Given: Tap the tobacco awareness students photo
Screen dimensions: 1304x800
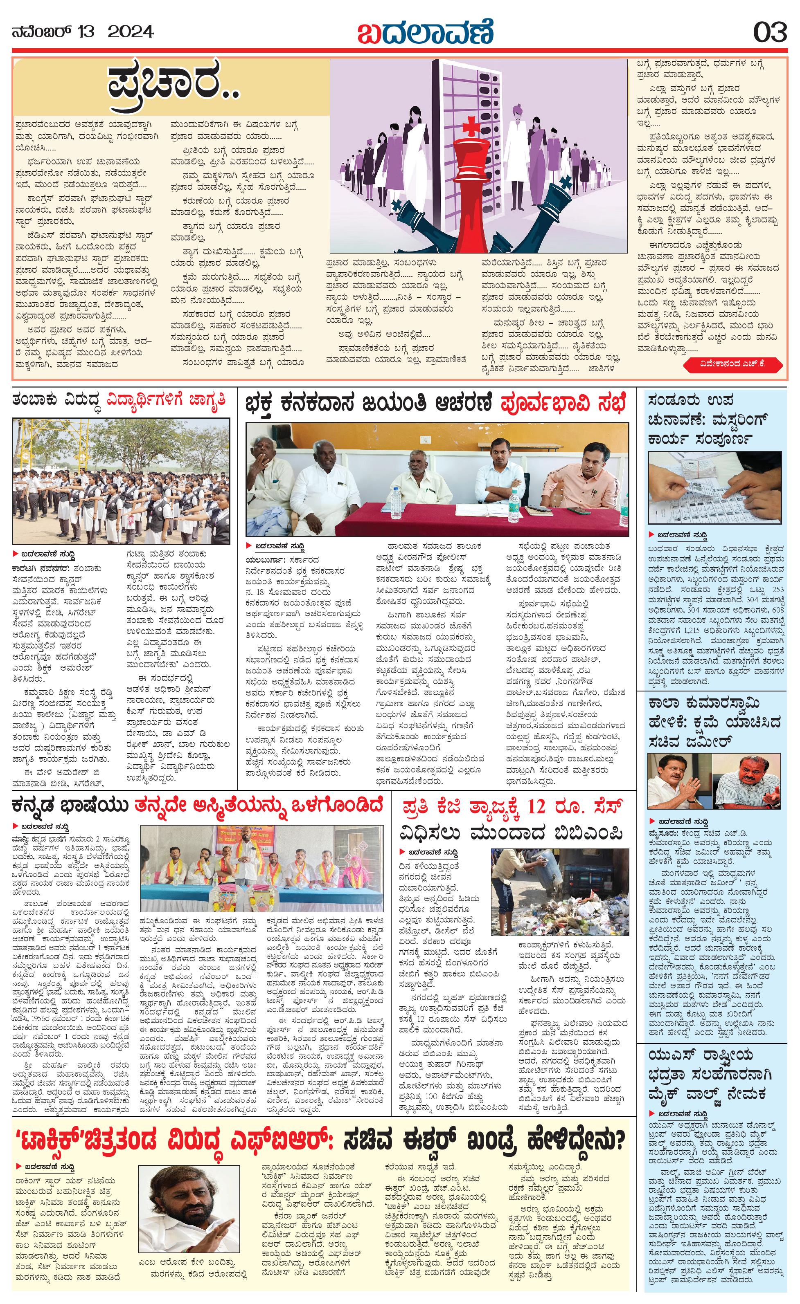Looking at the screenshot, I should pyautogui.click(x=121, y=482).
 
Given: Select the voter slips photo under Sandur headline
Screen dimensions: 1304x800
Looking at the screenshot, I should pyautogui.click(x=715, y=488).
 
